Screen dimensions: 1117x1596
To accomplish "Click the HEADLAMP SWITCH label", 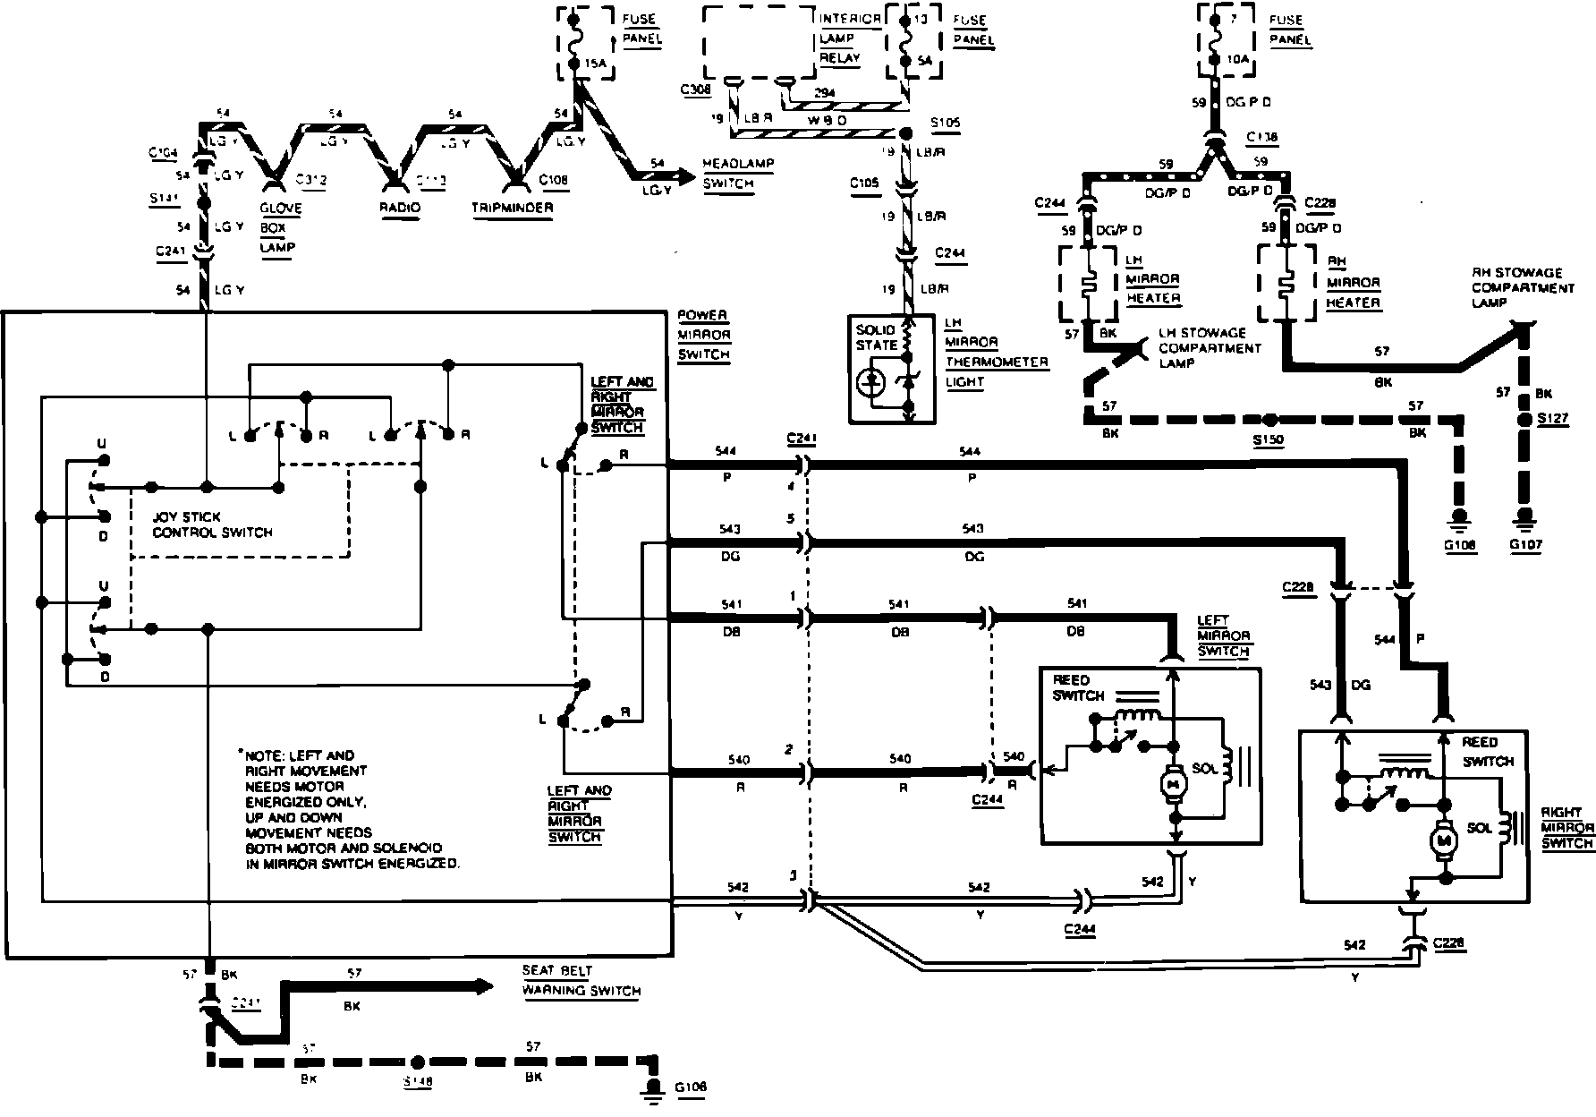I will tap(738, 174).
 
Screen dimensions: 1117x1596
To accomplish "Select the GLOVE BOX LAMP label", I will tap(281, 227).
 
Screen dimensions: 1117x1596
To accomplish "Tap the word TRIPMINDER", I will tap(513, 208).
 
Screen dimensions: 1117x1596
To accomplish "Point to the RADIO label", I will tap(399, 208).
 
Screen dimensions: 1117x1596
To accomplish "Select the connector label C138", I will tap(1263, 138).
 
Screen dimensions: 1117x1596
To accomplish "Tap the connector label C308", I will tap(695, 90).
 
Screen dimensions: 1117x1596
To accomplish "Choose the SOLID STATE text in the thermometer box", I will tap(876, 337).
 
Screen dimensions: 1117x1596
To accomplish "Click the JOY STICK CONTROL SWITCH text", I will tap(212, 524).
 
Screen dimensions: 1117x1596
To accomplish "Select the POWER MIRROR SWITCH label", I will tap(703, 335).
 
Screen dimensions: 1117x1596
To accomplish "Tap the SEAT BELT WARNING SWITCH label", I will tap(582, 980).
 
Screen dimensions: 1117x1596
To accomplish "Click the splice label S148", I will tap(418, 1081).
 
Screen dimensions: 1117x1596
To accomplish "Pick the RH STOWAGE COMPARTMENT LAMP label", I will tap(1522, 287).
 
